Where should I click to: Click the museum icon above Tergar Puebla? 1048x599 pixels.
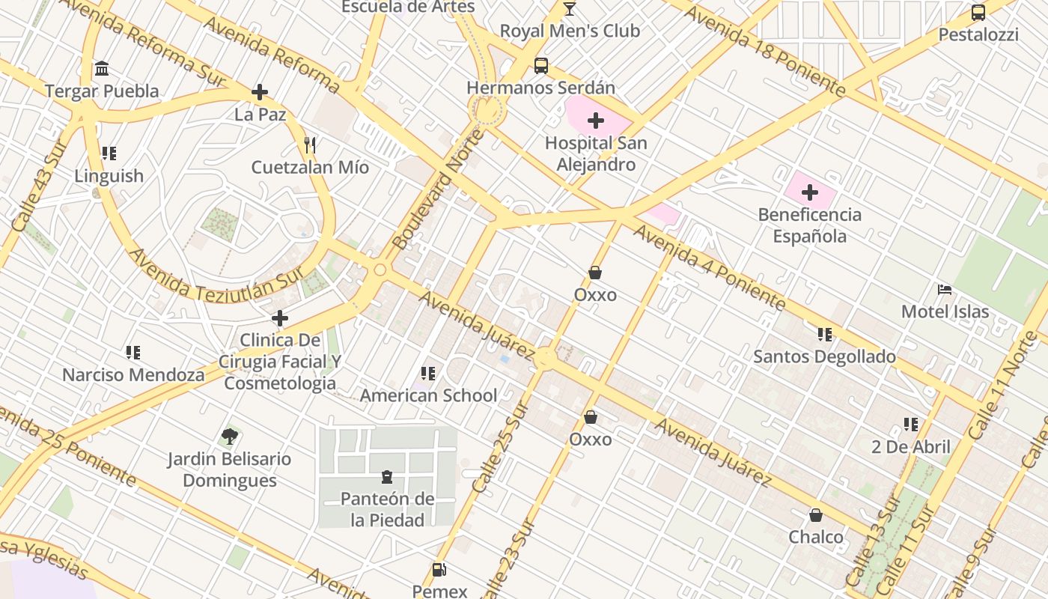(x=102, y=69)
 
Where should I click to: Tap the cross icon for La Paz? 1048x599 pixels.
(x=260, y=92)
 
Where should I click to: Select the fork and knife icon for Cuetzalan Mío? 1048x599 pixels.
(x=310, y=145)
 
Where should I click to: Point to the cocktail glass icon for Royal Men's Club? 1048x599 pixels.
(x=570, y=9)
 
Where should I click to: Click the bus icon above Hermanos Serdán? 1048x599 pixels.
(x=540, y=66)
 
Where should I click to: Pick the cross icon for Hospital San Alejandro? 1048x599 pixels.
(x=596, y=121)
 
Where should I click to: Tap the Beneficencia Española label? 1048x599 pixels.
(x=809, y=225)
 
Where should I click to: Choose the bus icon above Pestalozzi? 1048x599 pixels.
(x=978, y=13)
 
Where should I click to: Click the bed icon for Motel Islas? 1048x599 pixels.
(x=945, y=290)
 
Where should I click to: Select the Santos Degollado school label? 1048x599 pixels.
(x=824, y=356)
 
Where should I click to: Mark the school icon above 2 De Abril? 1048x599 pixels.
(x=910, y=425)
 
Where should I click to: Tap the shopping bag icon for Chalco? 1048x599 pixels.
(x=815, y=515)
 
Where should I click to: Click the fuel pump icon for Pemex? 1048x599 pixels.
(x=439, y=570)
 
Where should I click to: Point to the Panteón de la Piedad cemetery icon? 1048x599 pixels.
(x=387, y=477)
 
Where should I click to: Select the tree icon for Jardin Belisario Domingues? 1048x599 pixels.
(x=229, y=437)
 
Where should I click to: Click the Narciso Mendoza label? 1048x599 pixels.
(x=133, y=374)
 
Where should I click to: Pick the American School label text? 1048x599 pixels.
(x=428, y=395)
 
